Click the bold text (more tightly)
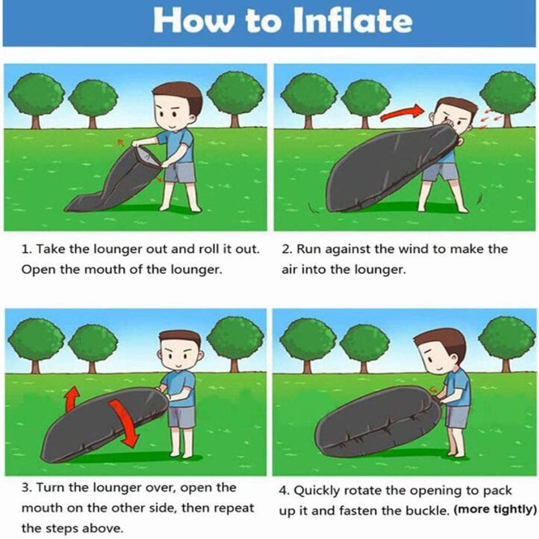(x=496, y=509)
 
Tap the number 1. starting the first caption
(x=26, y=249)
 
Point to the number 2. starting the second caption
(x=286, y=249)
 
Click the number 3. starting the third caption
(x=26, y=487)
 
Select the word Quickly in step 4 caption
(x=322, y=490)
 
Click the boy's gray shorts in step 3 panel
(x=180, y=416)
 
